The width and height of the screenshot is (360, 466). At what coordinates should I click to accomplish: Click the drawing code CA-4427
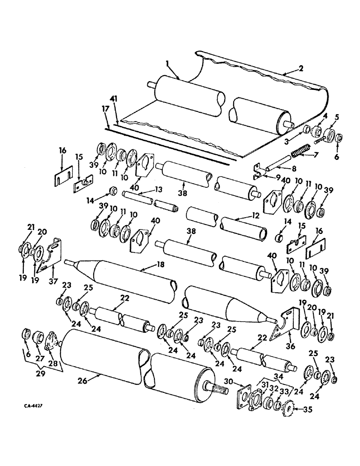click(32, 406)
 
